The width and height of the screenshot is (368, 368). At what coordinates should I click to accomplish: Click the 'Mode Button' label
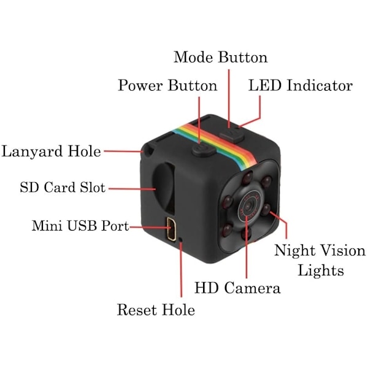220,57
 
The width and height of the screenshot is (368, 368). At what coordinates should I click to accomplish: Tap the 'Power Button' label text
167,85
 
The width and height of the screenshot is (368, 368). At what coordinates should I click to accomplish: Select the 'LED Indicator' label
301,85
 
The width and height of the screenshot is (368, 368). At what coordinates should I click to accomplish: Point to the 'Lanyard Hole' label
51,151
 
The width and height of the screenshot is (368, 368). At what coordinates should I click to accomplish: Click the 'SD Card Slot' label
63,187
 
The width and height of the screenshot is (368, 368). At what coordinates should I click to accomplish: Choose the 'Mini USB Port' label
80,226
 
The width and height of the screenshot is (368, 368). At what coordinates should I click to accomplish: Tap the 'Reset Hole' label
156,310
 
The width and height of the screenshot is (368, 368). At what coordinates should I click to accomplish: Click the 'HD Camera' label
237,288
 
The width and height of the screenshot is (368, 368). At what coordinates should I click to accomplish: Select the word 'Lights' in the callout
321,270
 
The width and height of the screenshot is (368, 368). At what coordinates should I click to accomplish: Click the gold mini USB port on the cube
172,229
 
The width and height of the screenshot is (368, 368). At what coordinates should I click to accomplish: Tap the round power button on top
203,150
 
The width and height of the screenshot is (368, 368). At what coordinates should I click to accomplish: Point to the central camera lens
248,207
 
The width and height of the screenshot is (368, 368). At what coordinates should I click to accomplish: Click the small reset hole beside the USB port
180,239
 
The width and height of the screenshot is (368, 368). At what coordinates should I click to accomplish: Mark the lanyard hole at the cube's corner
149,150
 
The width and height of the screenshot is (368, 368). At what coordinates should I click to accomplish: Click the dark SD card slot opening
164,188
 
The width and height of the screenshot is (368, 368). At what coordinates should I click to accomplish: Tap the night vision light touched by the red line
266,209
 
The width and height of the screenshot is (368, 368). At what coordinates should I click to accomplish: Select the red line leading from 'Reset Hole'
181,269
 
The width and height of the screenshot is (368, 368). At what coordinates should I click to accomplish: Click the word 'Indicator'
320,85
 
